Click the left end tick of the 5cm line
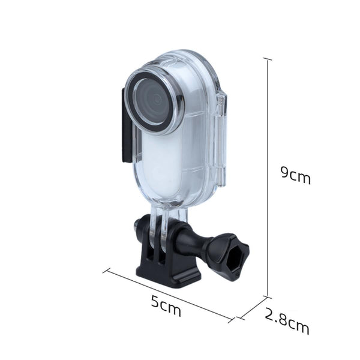110,269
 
